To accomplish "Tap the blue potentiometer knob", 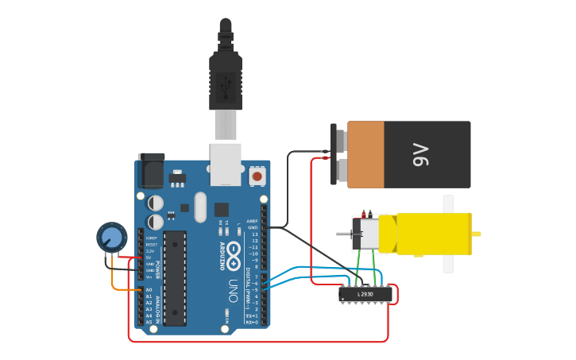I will tap(112, 237).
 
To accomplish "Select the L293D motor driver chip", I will tap(365, 294).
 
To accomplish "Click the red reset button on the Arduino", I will tap(257, 175).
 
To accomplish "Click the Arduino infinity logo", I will tap(234, 254).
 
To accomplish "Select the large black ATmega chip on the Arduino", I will tap(175, 277).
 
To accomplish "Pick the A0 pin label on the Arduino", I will tap(149, 290).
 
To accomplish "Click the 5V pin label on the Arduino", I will tap(149, 257).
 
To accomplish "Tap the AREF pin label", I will tap(252, 221).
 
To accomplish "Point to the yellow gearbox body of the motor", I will tap(433, 234).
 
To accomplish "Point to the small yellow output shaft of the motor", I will tap(477, 234).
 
